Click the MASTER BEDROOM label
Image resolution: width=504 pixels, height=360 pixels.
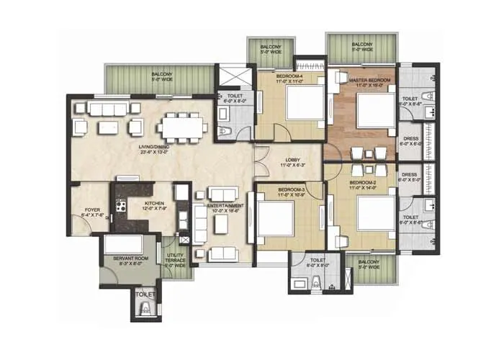[369, 80]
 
